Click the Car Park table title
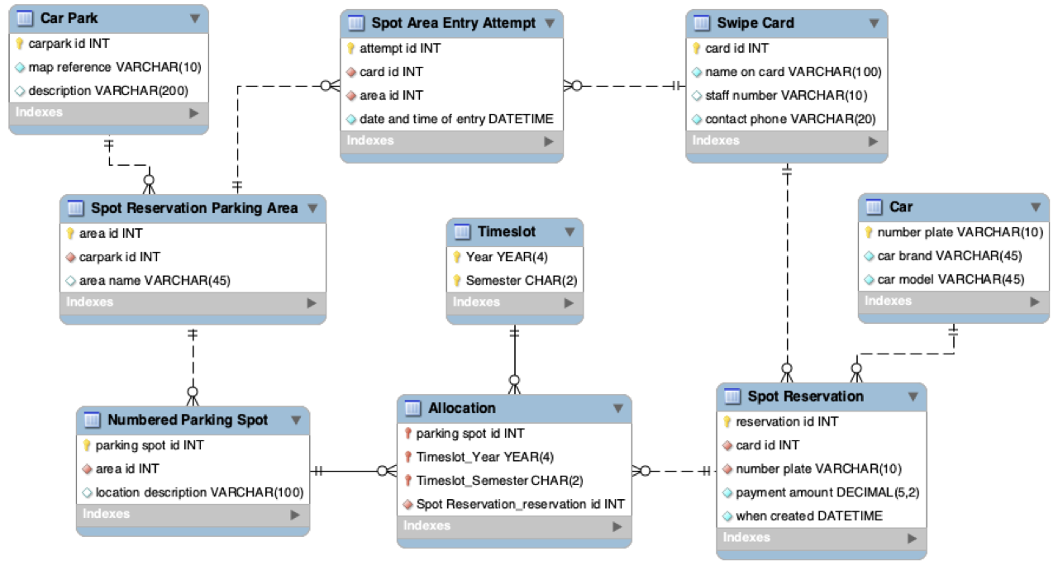pyautogui.click(x=69, y=18)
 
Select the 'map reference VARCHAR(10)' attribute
pyautogui.click(x=115, y=68)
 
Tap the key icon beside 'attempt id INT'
pyautogui.click(x=350, y=48)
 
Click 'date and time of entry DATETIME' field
pyautogui.click(x=456, y=119)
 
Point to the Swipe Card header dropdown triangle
pyautogui.click(x=875, y=23)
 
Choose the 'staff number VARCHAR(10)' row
pyautogui.click(x=786, y=95)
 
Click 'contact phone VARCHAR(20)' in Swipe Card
pyautogui.click(x=790, y=119)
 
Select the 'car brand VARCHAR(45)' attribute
pyautogui.click(x=950, y=256)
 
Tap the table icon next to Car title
pyautogui.click(x=874, y=207)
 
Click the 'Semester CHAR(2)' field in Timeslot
pyautogui.click(x=522, y=281)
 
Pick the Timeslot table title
pyautogui.click(x=507, y=231)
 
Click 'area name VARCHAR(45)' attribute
pyautogui.click(x=155, y=281)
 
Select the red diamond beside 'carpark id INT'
pyautogui.click(x=71, y=257)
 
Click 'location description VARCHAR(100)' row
pyautogui.click(x=199, y=492)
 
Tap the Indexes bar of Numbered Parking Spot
pyautogui.click(x=193, y=515)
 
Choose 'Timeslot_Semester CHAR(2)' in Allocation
pyautogui.click(x=500, y=481)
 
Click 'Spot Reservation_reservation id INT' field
pyautogui.click(x=520, y=505)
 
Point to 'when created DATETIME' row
pyautogui.click(x=809, y=516)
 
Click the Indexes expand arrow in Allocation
pyautogui.click(x=617, y=526)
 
